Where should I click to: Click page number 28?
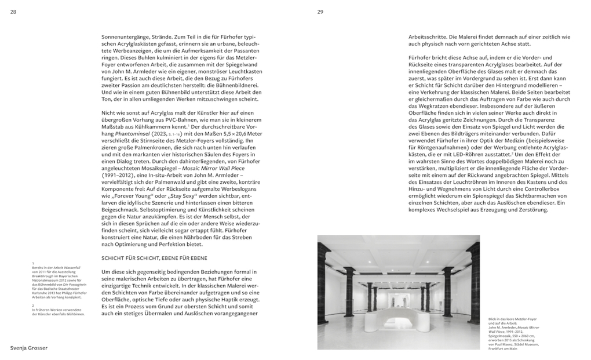[13, 12]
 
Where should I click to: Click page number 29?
[320, 12]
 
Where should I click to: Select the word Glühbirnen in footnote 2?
[75, 314]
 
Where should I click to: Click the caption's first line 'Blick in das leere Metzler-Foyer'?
[512, 319]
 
